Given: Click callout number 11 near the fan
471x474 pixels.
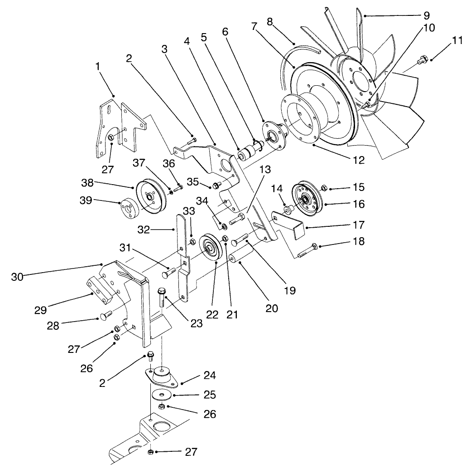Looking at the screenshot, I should point(457,40).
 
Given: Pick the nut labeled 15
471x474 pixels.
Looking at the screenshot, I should point(324,187).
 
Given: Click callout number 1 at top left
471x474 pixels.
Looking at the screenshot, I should point(97,67).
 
